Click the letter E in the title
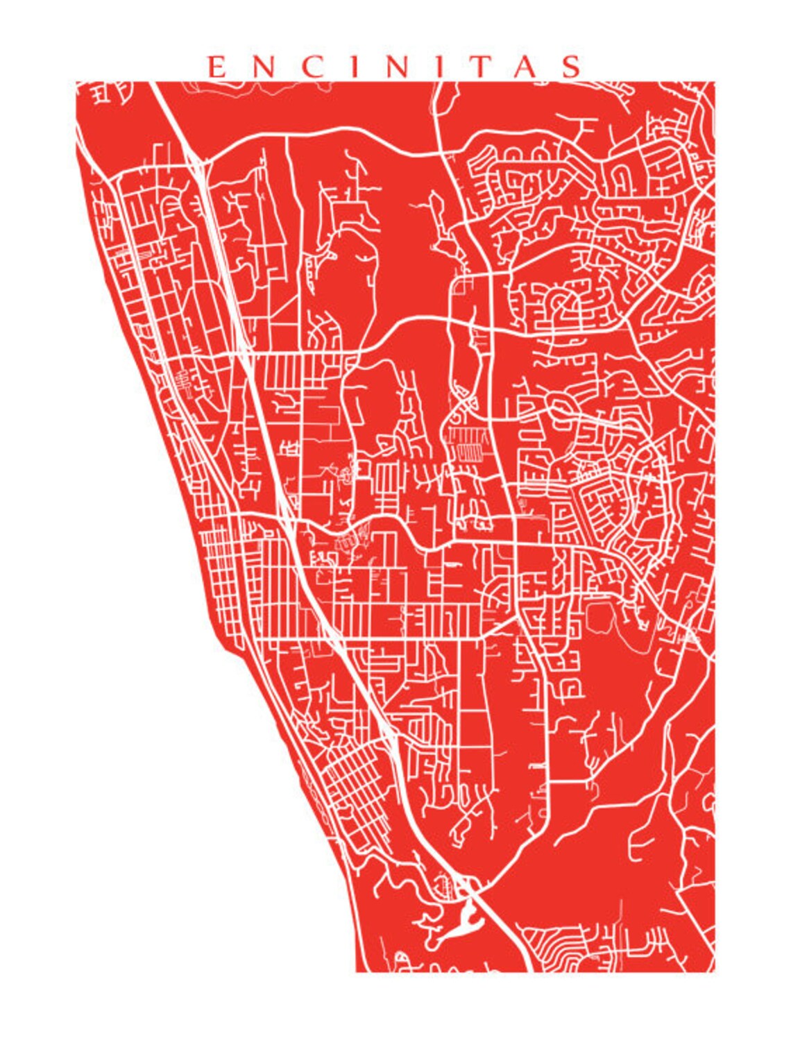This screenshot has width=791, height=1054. [217, 67]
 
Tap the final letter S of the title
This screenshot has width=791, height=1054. [572, 67]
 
